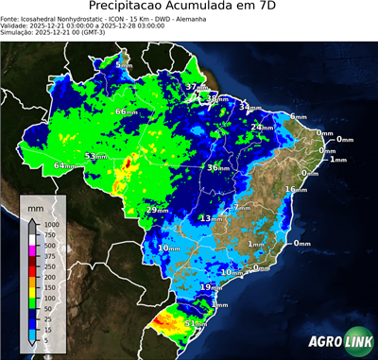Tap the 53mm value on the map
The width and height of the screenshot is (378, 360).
click(x=95, y=156)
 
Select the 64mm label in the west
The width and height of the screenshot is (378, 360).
click(x=64, y=165)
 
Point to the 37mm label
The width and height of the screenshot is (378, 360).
click(x=196, y=87)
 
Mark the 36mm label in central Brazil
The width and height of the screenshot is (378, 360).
click(x=217, y=167)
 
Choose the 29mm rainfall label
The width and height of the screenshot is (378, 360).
click(x=156, y=210)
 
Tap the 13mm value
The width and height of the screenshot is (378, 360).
click(x=210, y=218)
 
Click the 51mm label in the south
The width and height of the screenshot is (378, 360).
click(x=194, y=323)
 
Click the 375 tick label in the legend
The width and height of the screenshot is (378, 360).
click(x=47, y=256)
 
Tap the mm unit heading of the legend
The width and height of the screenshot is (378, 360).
click(x=35, y=205)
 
